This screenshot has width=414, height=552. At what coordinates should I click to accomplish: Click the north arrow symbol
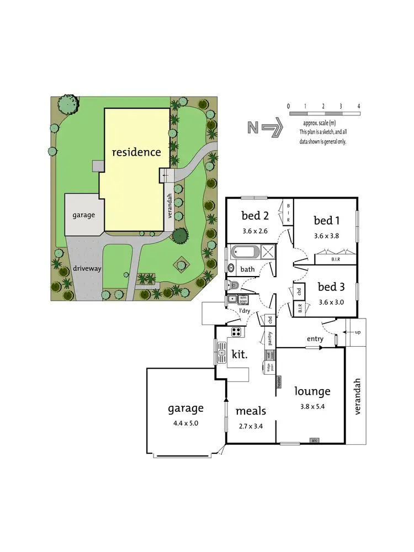(x=265, y=128)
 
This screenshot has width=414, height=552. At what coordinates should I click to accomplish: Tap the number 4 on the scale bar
(x=359, y=105)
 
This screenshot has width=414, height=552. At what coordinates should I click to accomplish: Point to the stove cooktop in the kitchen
(x=236, y=332)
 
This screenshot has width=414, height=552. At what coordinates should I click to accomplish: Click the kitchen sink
(x=222, y=351)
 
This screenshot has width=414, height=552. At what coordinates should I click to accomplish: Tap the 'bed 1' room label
(x=326, y=221)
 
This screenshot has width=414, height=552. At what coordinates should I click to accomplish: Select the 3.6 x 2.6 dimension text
(x=254, y=231)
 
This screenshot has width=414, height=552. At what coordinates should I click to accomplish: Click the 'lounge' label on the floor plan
(x=312, y=391)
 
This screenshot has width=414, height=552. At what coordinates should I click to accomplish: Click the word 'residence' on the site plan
(x=136, y=151)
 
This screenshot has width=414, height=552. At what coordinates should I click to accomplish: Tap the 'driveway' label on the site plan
(x=85, y=269)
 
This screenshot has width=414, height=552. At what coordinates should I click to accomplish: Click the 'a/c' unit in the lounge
(x=314, y=440)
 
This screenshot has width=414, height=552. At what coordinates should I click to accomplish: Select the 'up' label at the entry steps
(x=357, y=333)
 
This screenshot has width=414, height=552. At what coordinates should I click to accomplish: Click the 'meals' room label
(x=251, y=411)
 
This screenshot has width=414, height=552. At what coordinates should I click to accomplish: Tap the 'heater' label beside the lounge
(x=279, y=381)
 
